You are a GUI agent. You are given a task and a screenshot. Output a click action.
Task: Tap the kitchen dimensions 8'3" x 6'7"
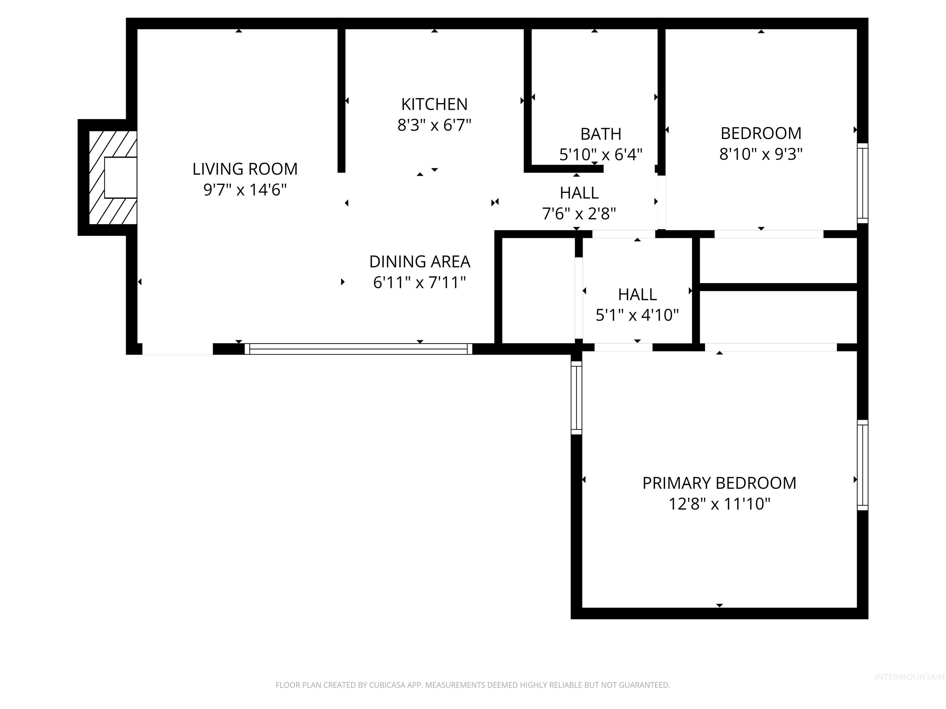(434, 125)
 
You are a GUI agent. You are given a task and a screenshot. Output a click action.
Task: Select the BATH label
(600, 134)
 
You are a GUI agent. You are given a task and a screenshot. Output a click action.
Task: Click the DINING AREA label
(419, 262)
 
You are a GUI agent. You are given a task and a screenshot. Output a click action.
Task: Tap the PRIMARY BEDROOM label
(719, 483)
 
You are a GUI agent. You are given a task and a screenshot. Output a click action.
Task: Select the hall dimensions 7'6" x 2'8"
(579, 213)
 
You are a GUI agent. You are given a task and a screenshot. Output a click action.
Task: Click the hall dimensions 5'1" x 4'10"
(637, 315)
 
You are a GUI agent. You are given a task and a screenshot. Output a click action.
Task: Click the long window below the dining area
(358, 349)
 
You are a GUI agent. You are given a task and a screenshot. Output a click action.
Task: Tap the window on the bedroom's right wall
(862, 183)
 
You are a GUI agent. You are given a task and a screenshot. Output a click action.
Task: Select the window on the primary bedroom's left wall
(576, 398)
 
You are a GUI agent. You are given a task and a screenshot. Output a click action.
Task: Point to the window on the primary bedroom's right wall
(862, 465)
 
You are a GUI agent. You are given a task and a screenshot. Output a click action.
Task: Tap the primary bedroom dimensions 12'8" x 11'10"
(719, 504)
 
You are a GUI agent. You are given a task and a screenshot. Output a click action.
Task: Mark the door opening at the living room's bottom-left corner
(177, 349)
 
